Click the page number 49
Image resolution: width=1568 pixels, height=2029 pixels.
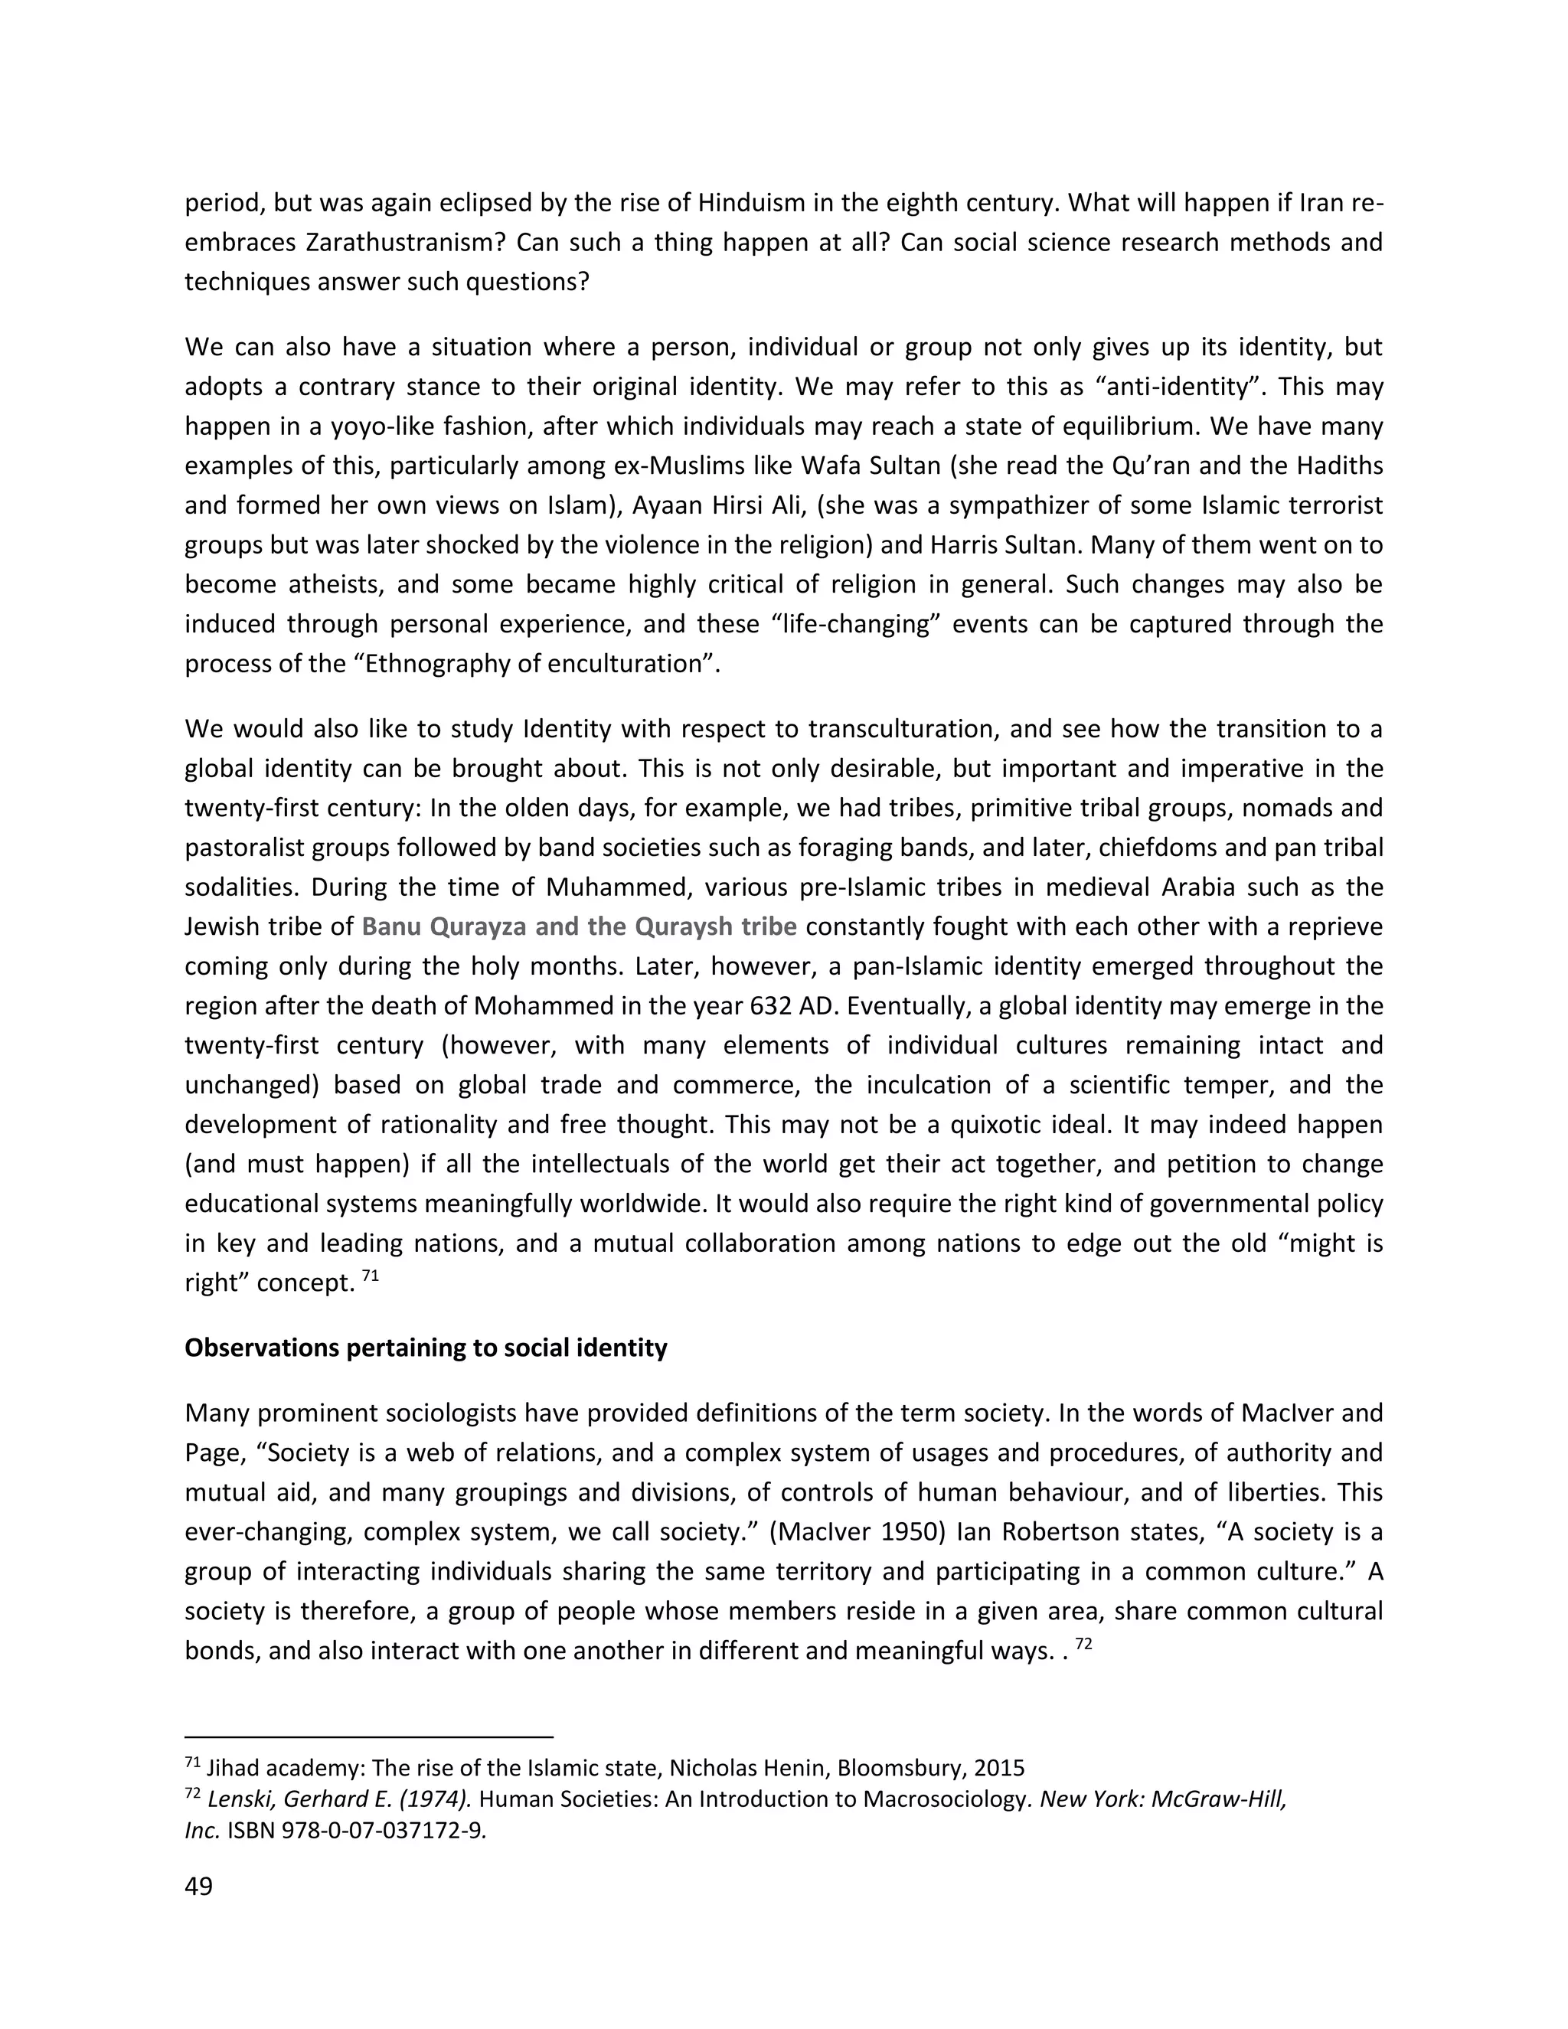point(199,1887)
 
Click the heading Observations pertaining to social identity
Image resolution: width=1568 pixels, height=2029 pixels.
point(426,1348)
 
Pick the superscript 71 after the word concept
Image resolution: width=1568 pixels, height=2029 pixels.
point(370,1276)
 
